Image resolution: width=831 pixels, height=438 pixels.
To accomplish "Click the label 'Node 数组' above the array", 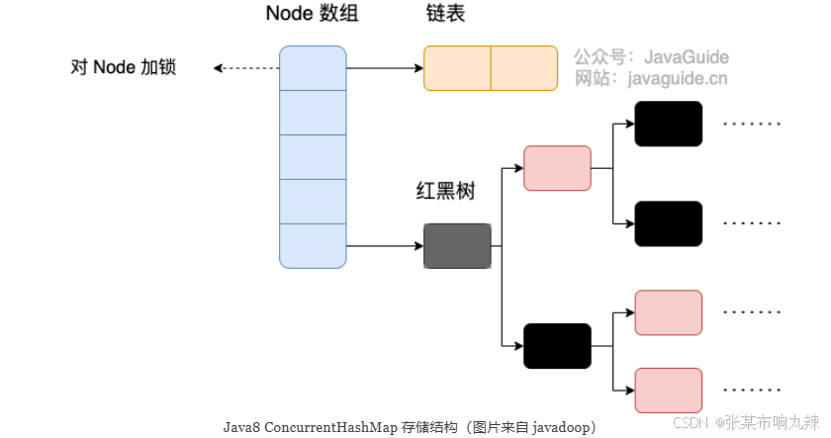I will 312,15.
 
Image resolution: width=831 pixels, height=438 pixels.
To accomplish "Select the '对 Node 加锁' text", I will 124,67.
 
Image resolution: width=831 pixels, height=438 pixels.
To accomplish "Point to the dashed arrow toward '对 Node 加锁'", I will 246,68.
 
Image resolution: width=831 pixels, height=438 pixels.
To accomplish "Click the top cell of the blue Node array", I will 313,67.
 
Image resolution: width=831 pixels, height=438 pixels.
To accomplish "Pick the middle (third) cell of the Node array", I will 313,156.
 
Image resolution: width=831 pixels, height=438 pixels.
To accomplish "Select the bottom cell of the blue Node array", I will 313,245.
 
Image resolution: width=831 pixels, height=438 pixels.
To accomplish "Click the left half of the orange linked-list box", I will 457,68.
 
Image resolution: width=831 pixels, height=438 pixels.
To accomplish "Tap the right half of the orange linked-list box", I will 524,68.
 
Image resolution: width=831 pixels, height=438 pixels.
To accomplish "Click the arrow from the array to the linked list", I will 385,68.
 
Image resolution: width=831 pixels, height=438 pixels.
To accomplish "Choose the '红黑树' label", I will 445,191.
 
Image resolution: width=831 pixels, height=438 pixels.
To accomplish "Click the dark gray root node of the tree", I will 457,246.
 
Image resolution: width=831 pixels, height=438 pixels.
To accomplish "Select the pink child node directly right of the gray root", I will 557,168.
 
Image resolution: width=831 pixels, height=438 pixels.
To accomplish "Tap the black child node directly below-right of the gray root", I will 557,346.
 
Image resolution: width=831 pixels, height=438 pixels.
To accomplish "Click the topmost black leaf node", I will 668,124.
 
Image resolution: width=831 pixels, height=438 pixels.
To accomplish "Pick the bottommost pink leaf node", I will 668,391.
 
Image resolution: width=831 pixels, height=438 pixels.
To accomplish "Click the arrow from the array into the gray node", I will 385,246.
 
